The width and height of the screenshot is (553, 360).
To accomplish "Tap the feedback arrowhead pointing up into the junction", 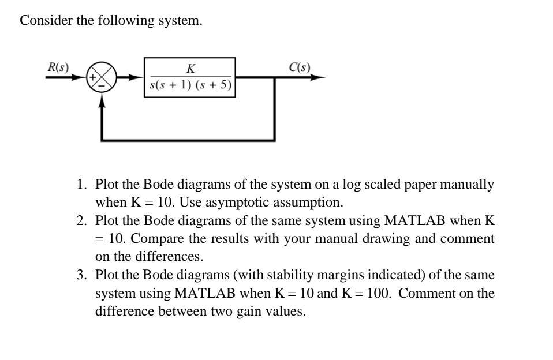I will point(103,100).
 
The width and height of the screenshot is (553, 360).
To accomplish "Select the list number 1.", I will point(82,186).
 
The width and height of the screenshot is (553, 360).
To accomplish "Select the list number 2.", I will point(82,222).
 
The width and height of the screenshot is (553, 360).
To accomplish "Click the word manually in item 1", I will point(468,186).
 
